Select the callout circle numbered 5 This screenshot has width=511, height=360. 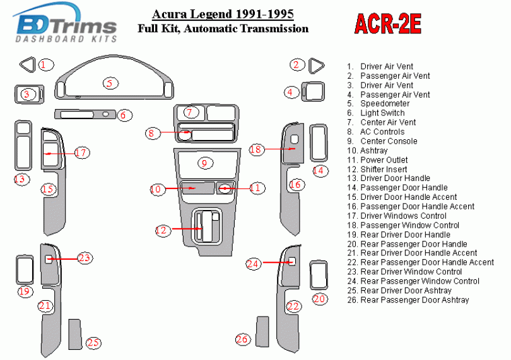click(x=109, y=83)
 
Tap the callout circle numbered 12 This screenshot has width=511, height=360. click(x=162, y=231)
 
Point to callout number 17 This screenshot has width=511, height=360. click(x=81, y=153)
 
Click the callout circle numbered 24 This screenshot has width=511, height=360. click(x=253, y=264)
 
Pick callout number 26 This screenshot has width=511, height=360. click(x=242, y=339)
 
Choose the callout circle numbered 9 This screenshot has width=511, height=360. click(x=204, y=163)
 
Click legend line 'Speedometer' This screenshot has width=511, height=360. click(x=385, y=103)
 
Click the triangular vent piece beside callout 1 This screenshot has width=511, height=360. click(x=27, y=64)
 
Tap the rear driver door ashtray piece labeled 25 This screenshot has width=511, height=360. click(x=75, y=333)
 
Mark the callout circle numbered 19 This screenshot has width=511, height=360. click(x=25, y=291)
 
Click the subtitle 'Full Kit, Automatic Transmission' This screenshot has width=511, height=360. click(x=223, y=28)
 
